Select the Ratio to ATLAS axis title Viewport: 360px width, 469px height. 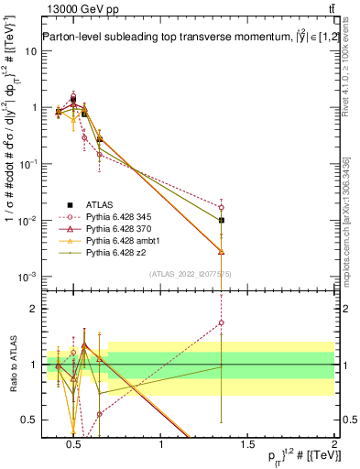click(x=12, y=365)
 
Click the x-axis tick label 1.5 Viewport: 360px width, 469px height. click(x=247, y=445)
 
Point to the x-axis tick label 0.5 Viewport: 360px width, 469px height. click(x=73, y=445)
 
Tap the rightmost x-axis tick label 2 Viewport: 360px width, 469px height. click(x=334, y=445)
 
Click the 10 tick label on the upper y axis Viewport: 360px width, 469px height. click(x=31, y=50)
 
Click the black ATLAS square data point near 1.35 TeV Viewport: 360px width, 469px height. click(x=222, y=220)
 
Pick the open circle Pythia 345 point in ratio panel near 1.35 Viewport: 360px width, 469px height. click(x=222, y=322)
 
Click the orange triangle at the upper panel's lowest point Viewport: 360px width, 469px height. click(x=222, y=251)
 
